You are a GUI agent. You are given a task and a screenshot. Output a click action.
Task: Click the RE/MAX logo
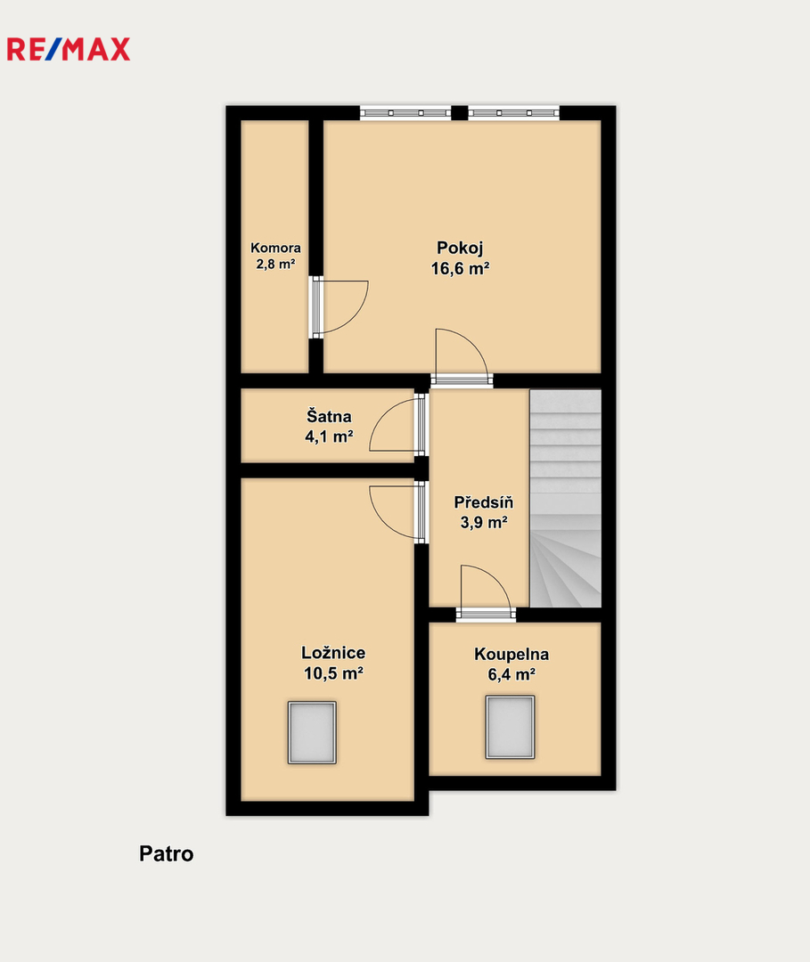pyautogui.click(x=68, y=49)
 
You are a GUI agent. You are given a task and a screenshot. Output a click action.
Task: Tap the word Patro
pyautogui.click(x=167, y=853)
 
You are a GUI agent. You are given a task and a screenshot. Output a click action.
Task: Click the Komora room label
pyautogui.click(x=275, y=248)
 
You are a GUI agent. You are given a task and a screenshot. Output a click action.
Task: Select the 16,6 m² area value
pyautogui.click(x=460, y=269)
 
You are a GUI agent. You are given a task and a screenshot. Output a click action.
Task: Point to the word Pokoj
pyautogui.click(x=460, y=248)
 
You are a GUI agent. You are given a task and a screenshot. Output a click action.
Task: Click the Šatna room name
pyautogui.click(x=329, y=416)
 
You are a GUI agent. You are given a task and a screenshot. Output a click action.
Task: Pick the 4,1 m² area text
pyautogui.click(x=329, y=436)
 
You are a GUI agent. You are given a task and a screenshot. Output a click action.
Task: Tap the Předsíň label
pyautogui.click(x=484, y=501)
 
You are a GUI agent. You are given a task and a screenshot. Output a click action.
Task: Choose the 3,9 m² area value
pyautogui.click(x=484, y=523)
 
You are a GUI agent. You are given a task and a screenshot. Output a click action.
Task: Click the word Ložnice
pyautogui.click(x=333, y=652)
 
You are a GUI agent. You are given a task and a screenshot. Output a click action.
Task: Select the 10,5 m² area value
pyautogui.click(x=333, y=673)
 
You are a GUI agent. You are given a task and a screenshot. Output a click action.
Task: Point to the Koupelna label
pyautogui.click(x=511, y=654)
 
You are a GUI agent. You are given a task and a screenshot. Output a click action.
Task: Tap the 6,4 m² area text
pyautogui.click(x=511, y=675)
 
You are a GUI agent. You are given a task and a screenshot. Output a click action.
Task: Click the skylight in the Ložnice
pyautogui.click(x=312, y=732)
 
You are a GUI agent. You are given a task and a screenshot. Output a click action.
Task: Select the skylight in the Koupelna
pyautogui.click(x=510, y=727)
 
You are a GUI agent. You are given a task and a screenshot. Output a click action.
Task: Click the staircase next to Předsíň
pyautogui.click(x=565, y=498)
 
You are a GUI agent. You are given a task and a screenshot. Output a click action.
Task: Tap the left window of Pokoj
pyautogui.click(x=405, y=113)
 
